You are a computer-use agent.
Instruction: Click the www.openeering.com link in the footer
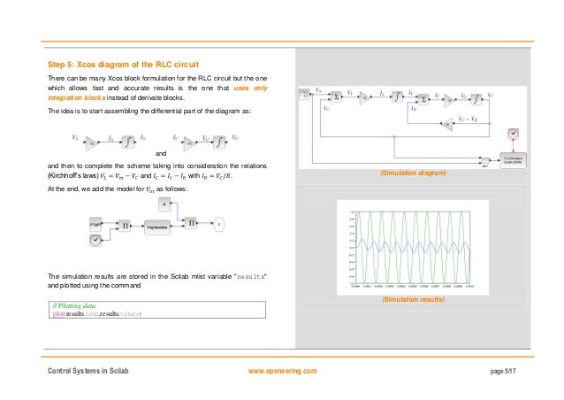pyautogui.click(x=283, y=370)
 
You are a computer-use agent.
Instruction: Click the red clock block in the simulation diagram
pyautogui.click(x=510, y=134)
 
